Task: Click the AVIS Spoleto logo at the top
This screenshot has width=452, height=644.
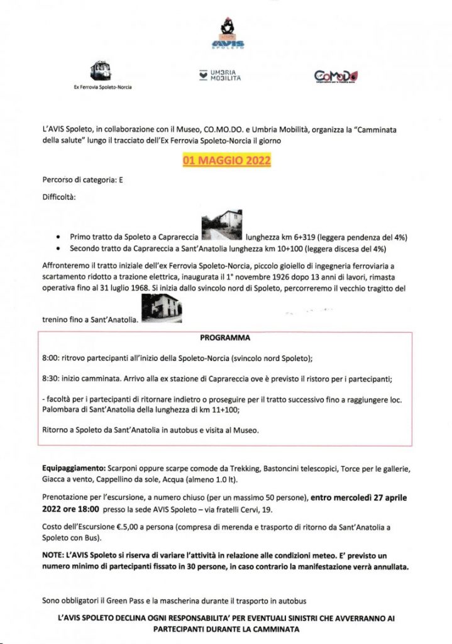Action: coord(232,35)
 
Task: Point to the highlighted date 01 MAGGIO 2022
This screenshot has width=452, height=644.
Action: coord(226,161)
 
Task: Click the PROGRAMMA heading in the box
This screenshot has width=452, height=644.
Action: coord(225,338)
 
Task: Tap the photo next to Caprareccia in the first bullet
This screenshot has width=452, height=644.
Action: coord(222,225)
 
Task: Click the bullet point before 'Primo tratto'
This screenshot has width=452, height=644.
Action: coord(58,238)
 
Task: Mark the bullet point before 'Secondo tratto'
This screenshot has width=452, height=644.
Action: coord(58,250)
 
